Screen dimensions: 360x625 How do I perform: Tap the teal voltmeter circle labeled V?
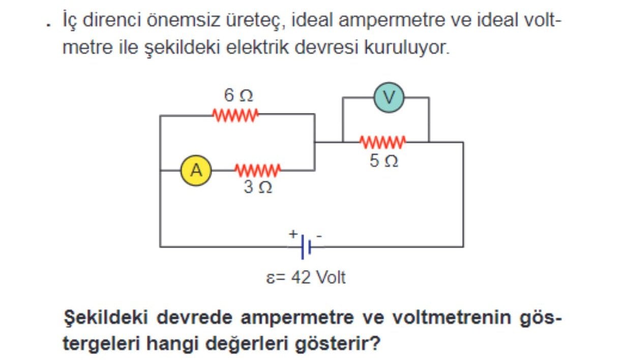pos(389,98)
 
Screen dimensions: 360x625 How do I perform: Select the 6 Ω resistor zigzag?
pos(235,114)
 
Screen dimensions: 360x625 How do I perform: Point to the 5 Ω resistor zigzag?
pos(382,141)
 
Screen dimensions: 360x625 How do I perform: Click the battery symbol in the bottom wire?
pos(306,247)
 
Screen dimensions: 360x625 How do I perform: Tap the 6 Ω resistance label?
pos(238,95)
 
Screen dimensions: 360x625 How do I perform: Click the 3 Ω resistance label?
pos(257,188)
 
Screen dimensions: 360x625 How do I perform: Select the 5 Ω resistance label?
pos(383,161)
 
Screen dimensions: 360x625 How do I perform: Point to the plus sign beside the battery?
pos(293,234)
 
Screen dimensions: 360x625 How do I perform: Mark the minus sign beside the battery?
pos(319,235)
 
